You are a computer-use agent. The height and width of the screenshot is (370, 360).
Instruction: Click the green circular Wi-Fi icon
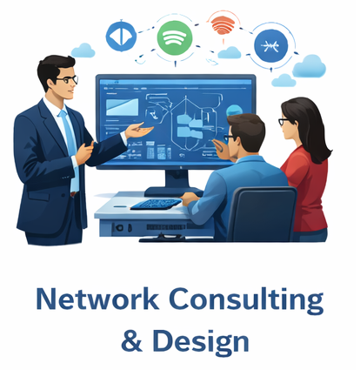pos(175,38)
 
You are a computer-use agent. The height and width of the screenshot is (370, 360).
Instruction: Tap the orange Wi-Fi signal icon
pos(223,24)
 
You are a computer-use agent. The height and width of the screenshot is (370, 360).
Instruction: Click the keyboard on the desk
pos(156,204)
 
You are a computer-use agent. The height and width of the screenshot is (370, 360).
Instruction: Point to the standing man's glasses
pos(69,79)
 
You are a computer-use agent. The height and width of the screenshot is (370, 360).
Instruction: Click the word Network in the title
pos(97,299)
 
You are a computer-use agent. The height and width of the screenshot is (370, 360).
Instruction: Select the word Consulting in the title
pos(246,299)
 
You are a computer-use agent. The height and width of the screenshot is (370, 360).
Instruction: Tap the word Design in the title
pos(201,341)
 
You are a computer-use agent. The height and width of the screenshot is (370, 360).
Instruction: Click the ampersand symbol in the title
pos(132,340)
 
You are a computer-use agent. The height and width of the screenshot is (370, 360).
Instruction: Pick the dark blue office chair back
pos(262,213)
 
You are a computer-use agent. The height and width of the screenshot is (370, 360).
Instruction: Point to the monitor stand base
pos(173,192)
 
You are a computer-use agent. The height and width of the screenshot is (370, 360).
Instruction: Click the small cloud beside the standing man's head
pos(83,50)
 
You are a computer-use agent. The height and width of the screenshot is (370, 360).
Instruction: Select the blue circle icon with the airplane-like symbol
pos(270,45)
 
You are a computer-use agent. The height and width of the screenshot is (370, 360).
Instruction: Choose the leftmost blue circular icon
pos(121,36)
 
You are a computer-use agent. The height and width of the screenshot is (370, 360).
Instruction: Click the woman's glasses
pos(283,121)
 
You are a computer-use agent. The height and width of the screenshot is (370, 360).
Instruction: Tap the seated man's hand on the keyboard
pos(190,198)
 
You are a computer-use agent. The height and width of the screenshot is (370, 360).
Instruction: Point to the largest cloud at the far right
pos(310,67)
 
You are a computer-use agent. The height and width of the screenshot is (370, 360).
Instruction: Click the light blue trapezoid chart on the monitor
pos(122,107)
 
